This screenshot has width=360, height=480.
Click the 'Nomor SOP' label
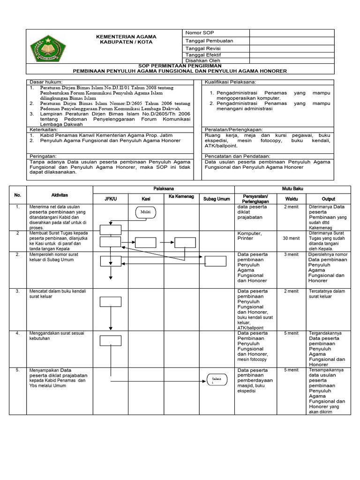click(200, 33)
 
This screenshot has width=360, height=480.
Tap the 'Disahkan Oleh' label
click(203, 61)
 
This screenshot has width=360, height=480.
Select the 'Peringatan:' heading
click(43, 156)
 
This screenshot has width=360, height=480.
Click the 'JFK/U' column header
click(110, 199)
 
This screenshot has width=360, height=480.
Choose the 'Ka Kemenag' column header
click(181, 196)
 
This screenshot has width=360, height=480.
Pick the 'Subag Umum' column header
click(216, 199)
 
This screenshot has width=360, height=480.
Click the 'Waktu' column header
click(291, 199)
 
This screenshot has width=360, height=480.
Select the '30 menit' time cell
click(291, 238)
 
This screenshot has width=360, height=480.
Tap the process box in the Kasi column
click(145, 242)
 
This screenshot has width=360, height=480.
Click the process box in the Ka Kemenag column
click(185, 242)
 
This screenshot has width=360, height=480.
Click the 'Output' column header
click(328, 199)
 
